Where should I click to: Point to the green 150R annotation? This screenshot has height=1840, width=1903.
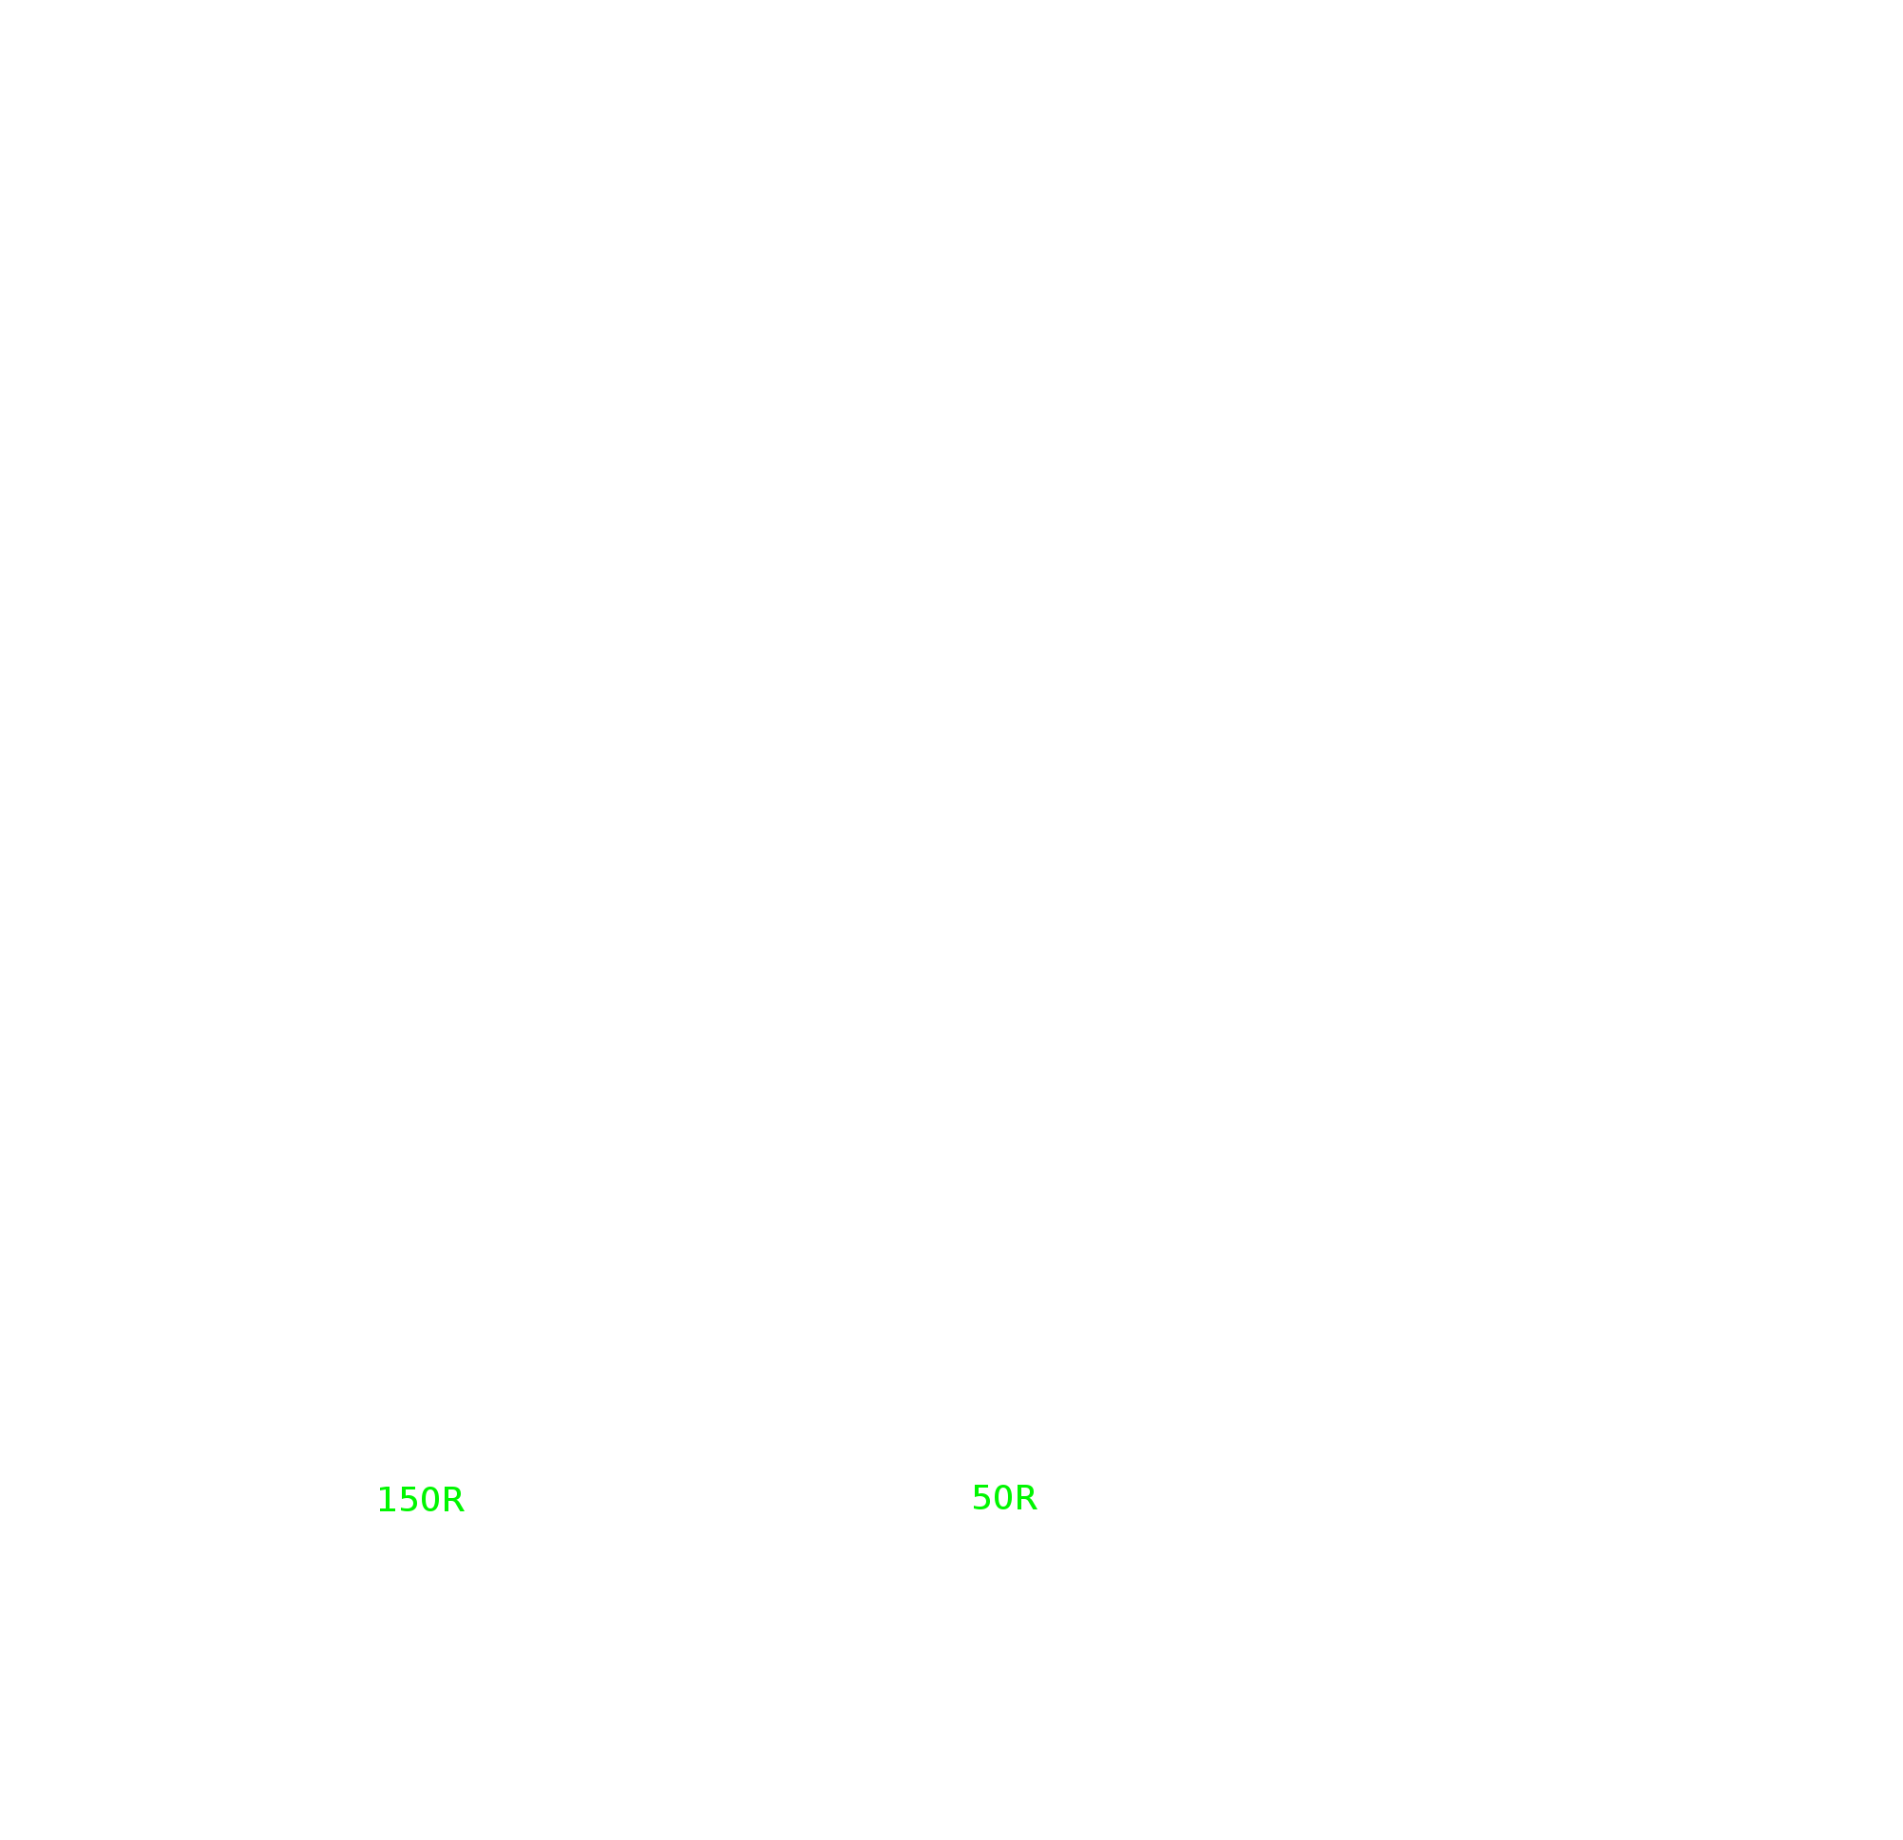pos(420,1499)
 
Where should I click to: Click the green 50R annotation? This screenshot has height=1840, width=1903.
pos(1004,1497)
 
